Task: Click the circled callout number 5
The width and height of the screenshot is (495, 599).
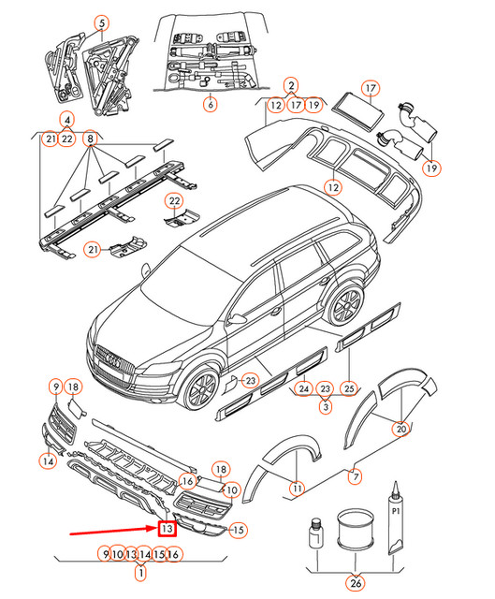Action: pyautogui.click(x=102, y=23)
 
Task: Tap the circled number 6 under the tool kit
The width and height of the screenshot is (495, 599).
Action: pyautogui.click(x=210, y=104)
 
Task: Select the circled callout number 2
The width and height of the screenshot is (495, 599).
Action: pyautogui.click(x=291, y=85)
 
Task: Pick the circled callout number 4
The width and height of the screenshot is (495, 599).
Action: pyautogui.click(x=67, y=120)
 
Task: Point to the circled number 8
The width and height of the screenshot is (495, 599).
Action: pyautogui.click(x=90, y=138)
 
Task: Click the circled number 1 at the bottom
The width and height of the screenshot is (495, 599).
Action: pyautogui.click(x=141, y=573)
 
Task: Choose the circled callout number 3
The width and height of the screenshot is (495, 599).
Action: pyautogui.click(x=326, y=406)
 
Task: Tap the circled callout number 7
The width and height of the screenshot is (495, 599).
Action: pyautogui.click(x=356, y=476)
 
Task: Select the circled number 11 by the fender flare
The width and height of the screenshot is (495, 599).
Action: pyautogui.click(x=297, y=488)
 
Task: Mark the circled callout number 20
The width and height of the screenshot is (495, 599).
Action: pyautogui.click(x=401, y=429)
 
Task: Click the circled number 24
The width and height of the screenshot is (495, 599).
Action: pyautogui.click(x=304, y=388)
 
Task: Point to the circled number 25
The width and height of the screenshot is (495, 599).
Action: pyautogui.click(x=349, y=388)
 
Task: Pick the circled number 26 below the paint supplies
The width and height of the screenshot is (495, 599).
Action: pyautogui.click(x=356, y=583)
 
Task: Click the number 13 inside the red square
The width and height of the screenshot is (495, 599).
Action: pyautogui.click(x=167, y=529)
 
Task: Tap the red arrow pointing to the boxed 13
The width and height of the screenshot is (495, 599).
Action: pyautogui.click(x=113, y=531)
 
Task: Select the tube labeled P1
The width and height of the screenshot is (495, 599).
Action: pyautogui.click(x=395, y=518)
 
